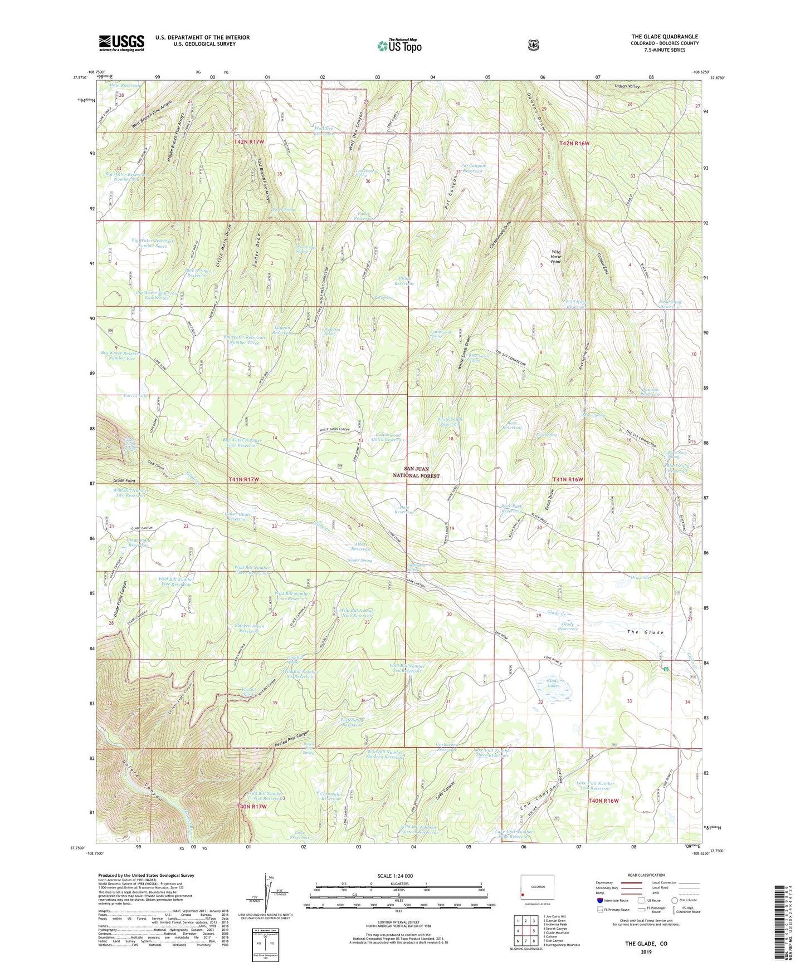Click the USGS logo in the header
(121, 42)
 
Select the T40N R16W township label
(603, 801)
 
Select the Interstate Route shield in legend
(599, 900)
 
